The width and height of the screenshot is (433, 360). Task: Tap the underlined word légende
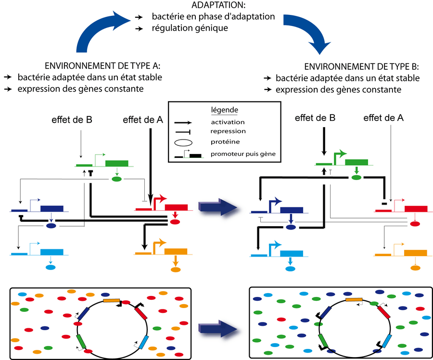225,110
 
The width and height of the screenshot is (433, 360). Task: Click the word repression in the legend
228,131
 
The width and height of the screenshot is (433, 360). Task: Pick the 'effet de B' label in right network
315,117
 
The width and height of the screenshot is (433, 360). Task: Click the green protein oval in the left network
116,179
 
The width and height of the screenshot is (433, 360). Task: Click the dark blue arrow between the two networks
219,207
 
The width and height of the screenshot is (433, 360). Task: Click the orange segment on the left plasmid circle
111,300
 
